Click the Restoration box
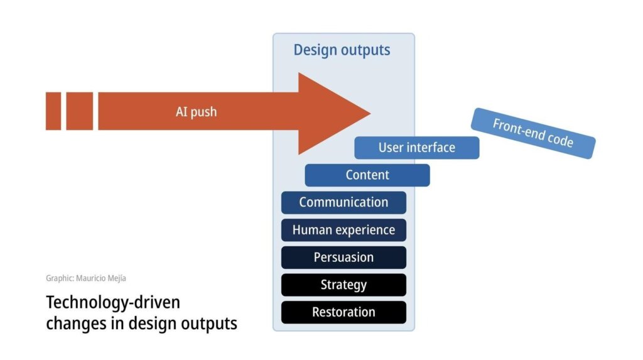[x=343, y=312]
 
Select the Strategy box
[x=343, y=285]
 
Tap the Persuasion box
[x=343, y=257]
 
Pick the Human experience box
[x=343, y=230]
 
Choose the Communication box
[x=343, y=202]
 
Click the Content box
[x=367, y=175]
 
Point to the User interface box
[x=416, y=148]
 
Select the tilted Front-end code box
[x=532, y=133]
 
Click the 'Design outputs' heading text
[x=342, y=50]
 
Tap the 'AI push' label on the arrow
[x=196, y=112]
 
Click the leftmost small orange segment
[x=53, y=111]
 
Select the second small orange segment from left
[x=80, y=111]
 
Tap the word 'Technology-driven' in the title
[x=113, y=303]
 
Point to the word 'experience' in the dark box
[x=365, y=231]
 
